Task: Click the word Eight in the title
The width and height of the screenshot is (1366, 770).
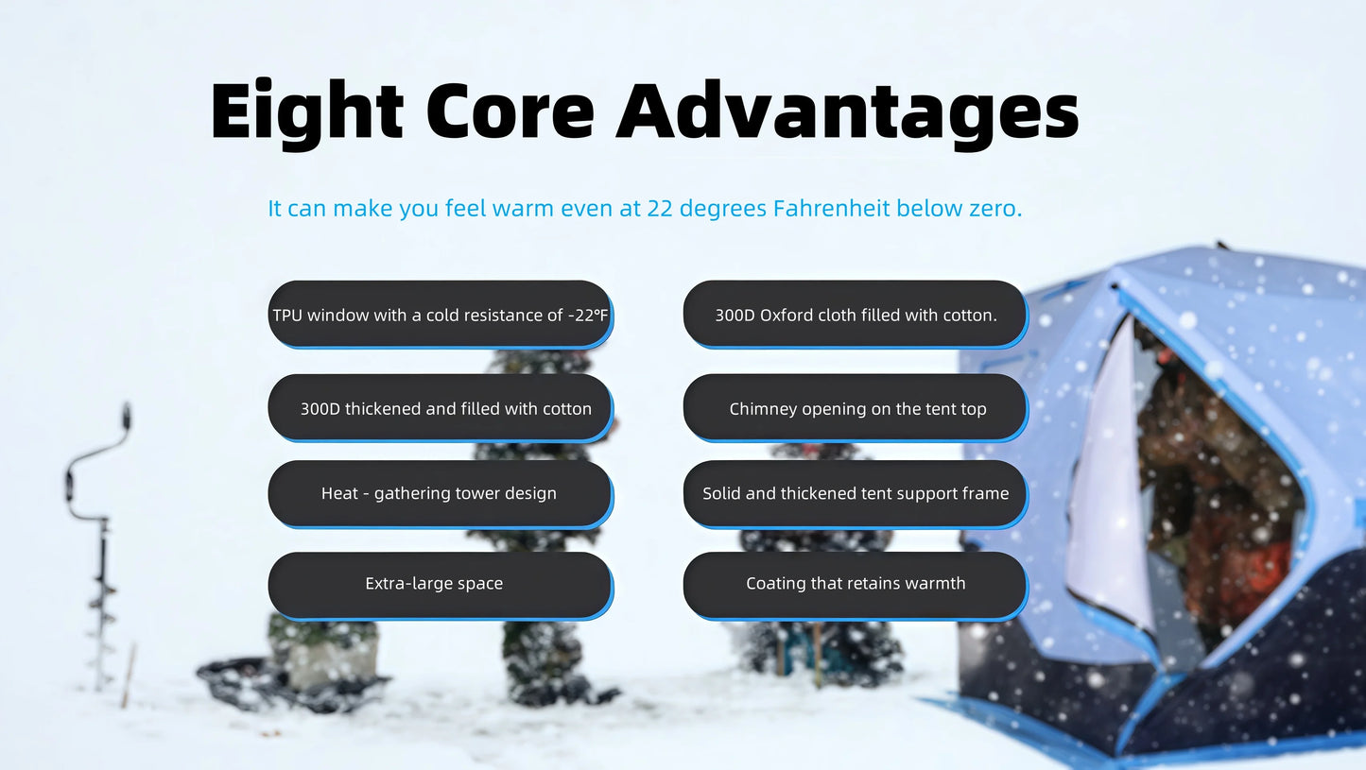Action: point(306,112)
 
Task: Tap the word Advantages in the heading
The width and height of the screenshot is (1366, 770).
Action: point(848,112)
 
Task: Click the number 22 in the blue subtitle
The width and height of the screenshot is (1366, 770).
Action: point(660,209)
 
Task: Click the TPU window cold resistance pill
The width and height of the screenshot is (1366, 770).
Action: point(441,315)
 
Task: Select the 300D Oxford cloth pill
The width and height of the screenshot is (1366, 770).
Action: point(856,315)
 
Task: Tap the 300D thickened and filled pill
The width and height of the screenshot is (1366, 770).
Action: point(441,408)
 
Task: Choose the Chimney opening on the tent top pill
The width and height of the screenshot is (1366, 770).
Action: point(856,408)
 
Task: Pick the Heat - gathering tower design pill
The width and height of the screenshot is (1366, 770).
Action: point(441,494)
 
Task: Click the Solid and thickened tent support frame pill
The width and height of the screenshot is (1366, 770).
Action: point(856,494)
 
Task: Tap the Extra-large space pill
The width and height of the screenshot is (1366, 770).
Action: point(441,585)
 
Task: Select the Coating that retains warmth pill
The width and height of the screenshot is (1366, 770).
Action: point(856,585)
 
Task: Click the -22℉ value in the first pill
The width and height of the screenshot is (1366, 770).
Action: point(588,316)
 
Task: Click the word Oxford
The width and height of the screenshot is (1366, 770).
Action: point(787,316)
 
